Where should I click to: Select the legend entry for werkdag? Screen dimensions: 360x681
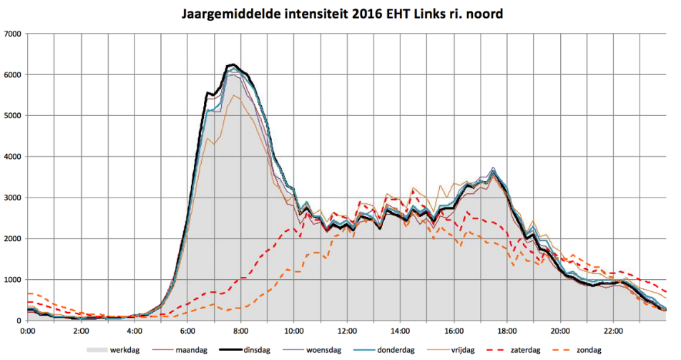(x=122, y=349)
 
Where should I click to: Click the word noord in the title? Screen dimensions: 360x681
(x=472, y=14)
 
